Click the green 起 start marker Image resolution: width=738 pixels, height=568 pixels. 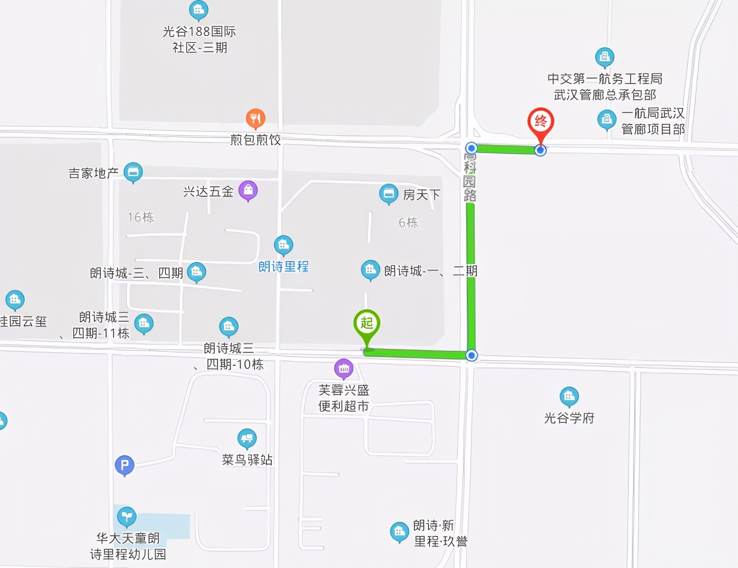367,324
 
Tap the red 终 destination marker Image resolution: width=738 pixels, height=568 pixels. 540,122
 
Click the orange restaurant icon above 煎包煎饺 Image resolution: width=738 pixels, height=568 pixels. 256,118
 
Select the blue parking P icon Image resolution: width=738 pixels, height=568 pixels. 125,465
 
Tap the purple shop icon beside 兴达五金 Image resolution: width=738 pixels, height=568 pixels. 248,190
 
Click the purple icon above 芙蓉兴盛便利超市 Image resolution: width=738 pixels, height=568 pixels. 344,368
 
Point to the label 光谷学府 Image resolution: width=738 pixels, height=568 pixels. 569,418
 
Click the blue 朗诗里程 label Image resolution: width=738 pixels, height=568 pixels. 284,267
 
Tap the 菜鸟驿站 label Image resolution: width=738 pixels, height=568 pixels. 247,460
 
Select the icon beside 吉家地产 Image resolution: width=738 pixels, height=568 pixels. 133,172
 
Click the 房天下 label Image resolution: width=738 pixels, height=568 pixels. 422,195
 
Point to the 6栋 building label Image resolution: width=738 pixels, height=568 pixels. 408,222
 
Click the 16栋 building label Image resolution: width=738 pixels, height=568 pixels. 141,217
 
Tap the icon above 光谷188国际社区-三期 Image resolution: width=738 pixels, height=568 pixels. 199,10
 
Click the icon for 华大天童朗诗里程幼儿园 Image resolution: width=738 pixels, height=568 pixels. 127,516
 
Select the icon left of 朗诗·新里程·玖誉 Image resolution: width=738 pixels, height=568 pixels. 399,531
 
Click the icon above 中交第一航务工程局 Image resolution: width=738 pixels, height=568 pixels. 605,57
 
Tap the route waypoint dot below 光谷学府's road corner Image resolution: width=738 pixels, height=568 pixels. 472,355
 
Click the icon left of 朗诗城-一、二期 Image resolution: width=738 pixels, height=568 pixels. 370,270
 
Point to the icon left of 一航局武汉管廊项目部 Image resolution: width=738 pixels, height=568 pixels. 606,119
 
